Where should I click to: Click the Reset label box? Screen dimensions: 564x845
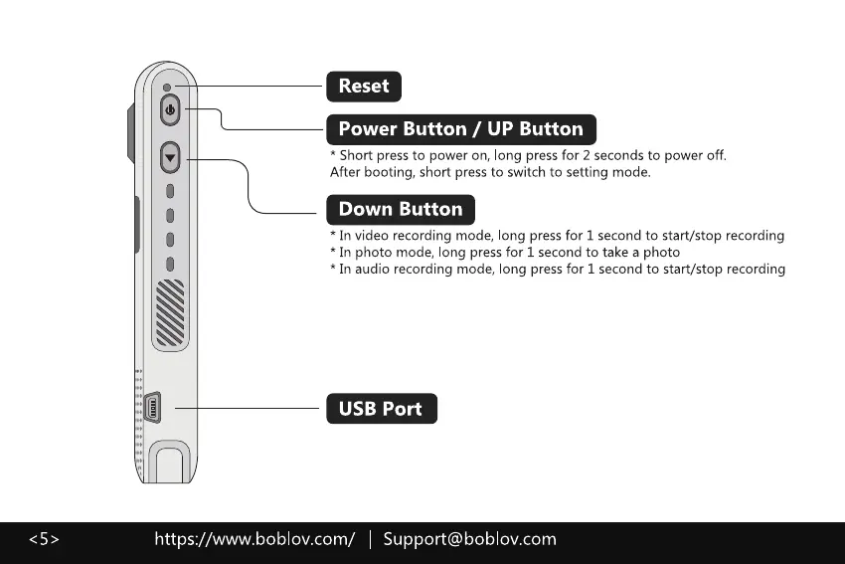[364, 87]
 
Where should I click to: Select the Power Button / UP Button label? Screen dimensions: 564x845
[460, 129]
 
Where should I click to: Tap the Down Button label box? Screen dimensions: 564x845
[400, 210]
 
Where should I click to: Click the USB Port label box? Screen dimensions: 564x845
[380, 409]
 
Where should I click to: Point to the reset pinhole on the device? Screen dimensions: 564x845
[168, 88]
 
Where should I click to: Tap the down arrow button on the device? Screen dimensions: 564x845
[171, 157]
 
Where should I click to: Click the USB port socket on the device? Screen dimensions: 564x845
[155, 408]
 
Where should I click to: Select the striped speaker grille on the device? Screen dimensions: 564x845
[171, 313]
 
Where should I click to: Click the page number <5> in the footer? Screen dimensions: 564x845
[43, 539]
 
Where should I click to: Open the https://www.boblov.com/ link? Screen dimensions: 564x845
[254, 539]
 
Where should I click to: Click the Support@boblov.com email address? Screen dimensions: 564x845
[469, 539]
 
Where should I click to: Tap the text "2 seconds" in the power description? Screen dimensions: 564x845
[621, 155]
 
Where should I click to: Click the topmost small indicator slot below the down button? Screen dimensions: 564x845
[171, 190]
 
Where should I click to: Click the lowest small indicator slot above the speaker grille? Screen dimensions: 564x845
[171, 264]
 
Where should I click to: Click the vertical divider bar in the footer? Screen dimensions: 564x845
[370, 539]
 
